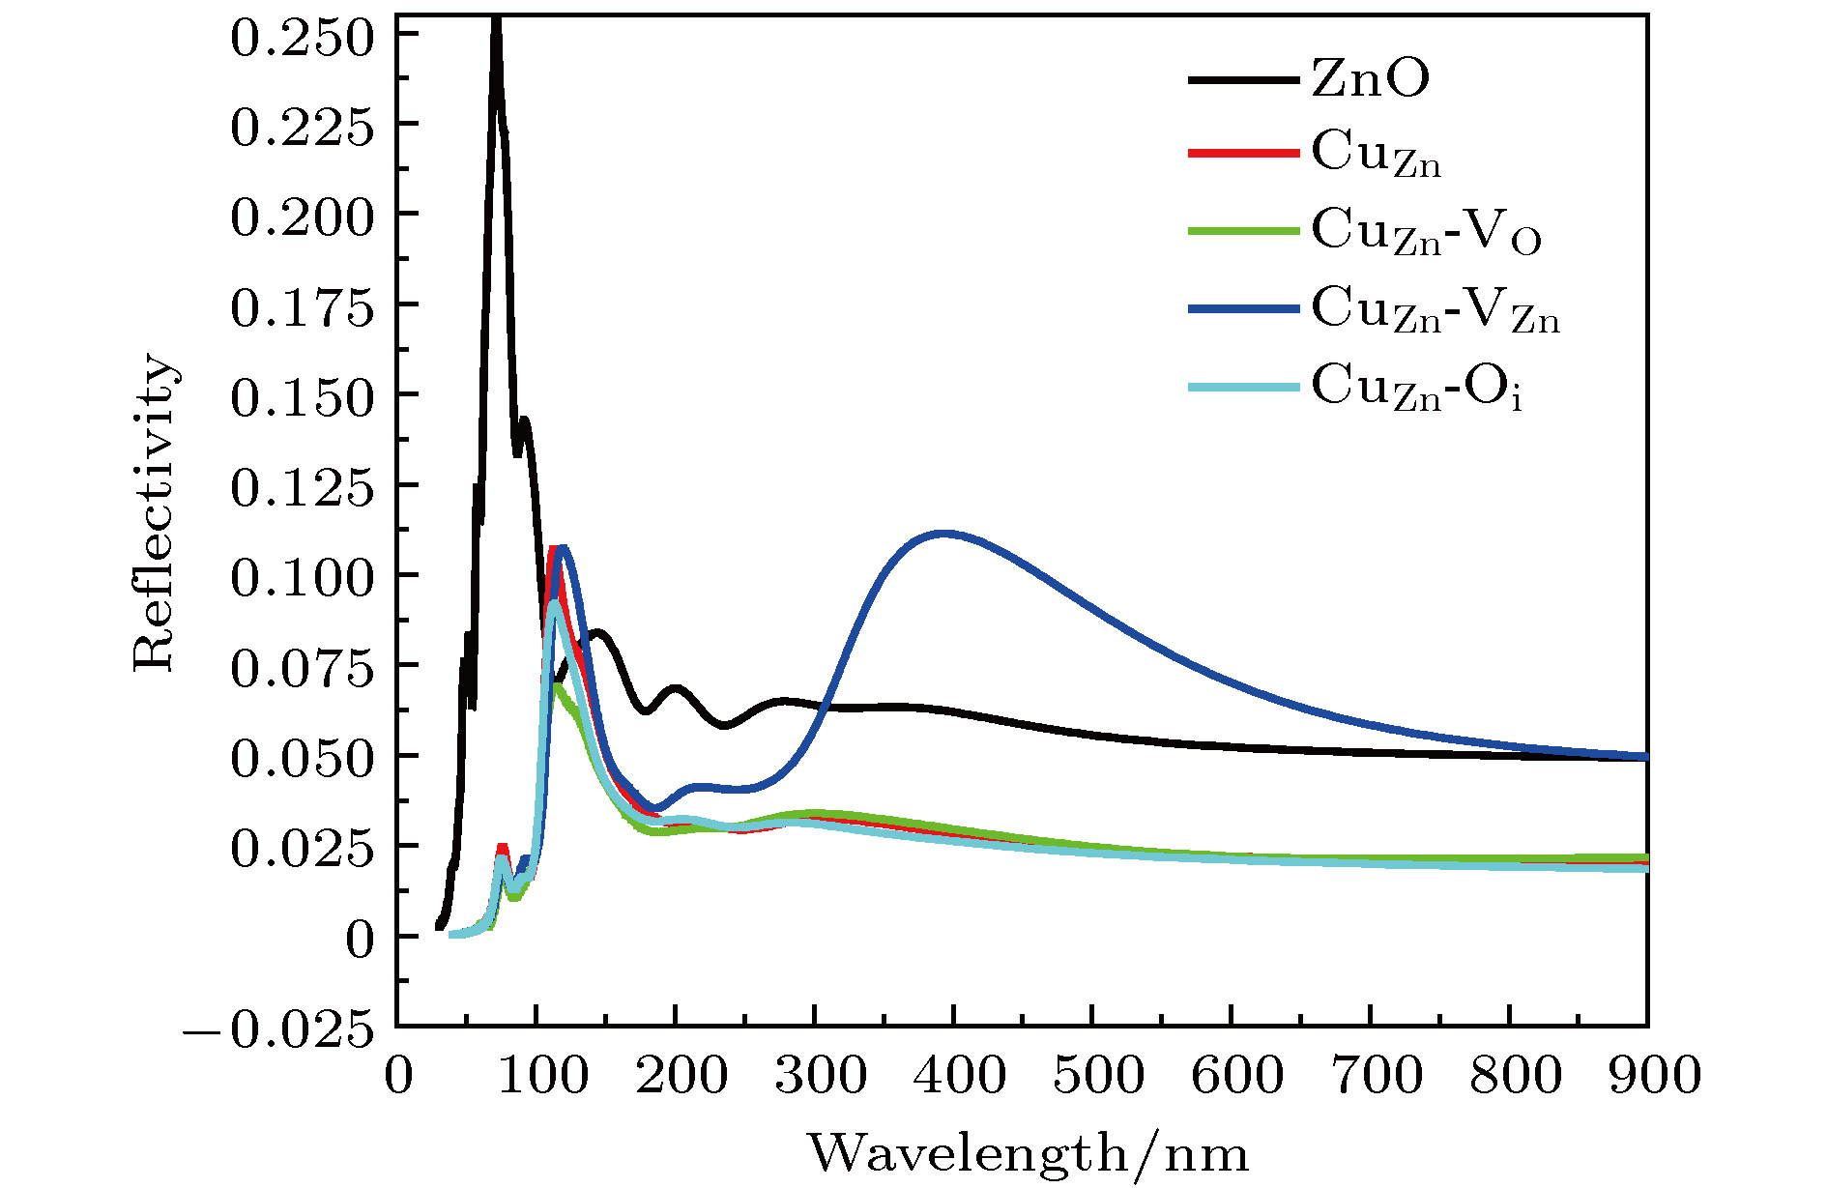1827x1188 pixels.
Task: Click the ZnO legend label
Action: pyautogui.click(x=1370, y=79)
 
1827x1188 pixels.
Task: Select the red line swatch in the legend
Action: pyautogui.click(x=1243, y=154)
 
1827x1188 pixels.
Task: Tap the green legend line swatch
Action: pyautogui.click(x=1243, y=231)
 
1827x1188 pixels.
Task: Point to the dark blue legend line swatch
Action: pyautogui.click(x=1243, y=309)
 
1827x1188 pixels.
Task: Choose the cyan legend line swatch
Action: pyautogui.click(x=1243, y=387)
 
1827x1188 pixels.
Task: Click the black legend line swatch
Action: pyautogui.click(x=1243, y=79)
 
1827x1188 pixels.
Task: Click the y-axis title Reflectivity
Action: pyautogui.click(x=155, y=512)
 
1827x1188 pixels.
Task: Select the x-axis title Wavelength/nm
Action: pyautogui.click(x=1028, y=1153)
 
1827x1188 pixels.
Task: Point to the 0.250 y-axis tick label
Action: pyautogui.click(x=302, y=39)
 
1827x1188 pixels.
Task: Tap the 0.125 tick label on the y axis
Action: pyautogui.click(x=302, y=488)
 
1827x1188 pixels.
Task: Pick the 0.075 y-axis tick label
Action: pyautogui.click(x=302, y=669)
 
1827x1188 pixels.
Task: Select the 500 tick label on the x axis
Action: pyautogui.click(x=1098, y=1075)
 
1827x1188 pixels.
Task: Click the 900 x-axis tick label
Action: pyautogui.click(x=1653, y=1075)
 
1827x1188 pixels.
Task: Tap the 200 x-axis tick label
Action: pyautogui.click(x=681, y=1075)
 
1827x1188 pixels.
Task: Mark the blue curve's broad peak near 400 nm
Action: pyautogui.click(x=944, y=533)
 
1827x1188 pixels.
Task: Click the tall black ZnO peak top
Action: pyautogui.click(x=496, y=21)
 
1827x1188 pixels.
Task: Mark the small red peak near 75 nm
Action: pyautogui.click(x=502, y=848)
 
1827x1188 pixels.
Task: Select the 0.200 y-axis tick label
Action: pyautogui.click(x=302, y=217)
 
